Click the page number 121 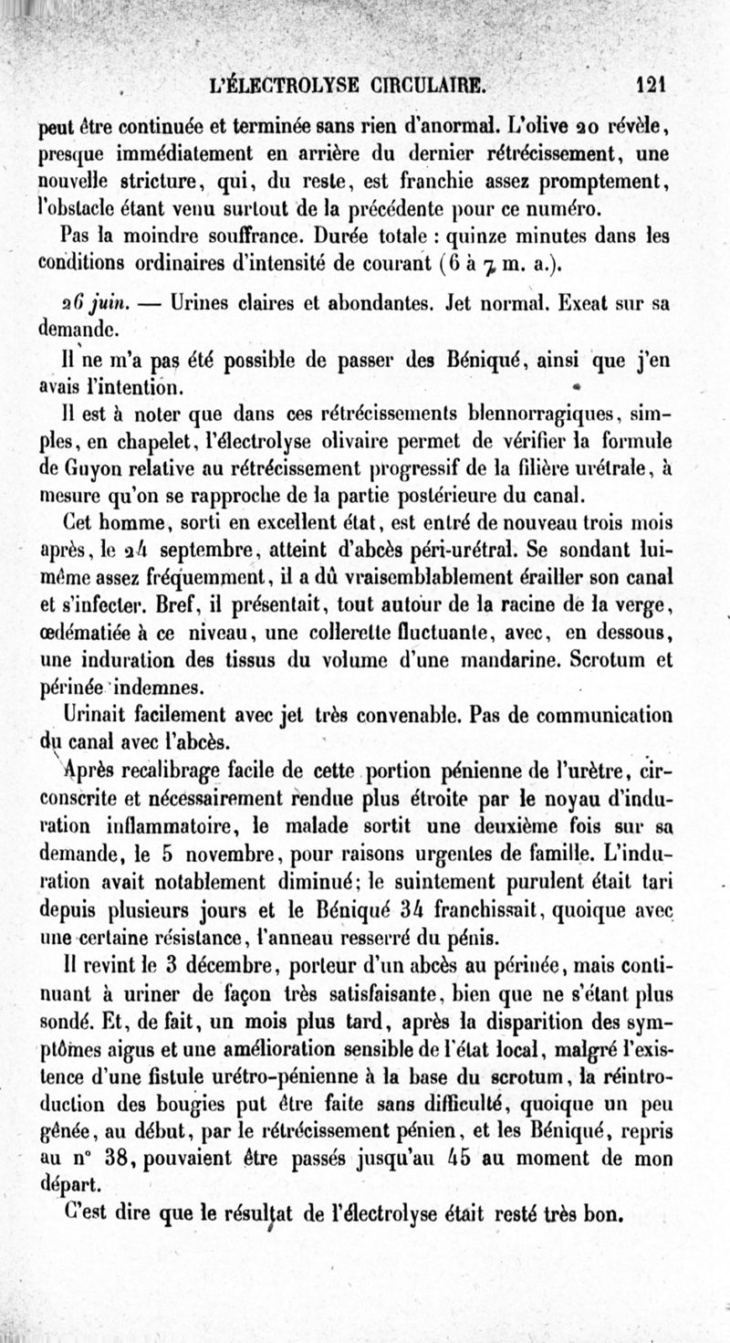tap(652, 87)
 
